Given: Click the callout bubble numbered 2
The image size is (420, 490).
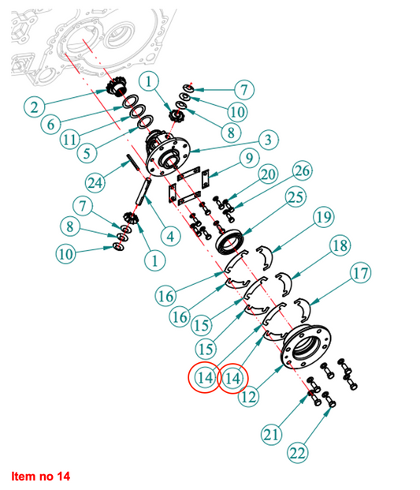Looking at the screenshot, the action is click(34, 107).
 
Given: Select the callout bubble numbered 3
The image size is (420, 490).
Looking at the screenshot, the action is click(268, 140).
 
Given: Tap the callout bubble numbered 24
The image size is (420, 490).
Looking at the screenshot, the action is click(95, 182).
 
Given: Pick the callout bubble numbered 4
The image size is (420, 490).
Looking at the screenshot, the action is click(170, 236).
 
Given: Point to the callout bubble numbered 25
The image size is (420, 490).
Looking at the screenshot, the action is click(295, 197).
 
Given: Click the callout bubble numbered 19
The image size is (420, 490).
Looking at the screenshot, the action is click(324, 217).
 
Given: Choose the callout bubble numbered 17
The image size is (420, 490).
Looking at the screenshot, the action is click(360, 273).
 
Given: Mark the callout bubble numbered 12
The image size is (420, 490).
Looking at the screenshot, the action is click(249, 397).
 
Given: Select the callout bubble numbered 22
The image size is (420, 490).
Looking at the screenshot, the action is click(298, 452).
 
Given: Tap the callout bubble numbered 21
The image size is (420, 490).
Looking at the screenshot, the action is click(271, 435).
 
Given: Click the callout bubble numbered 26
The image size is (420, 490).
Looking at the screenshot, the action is click(302, 170).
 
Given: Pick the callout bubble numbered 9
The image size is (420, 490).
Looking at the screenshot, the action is click(249, 158).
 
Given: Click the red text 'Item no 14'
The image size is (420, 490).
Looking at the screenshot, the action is click(40, 477).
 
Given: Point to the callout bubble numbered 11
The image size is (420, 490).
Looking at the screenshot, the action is click(69, 140).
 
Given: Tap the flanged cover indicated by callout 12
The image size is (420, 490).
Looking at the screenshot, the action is click(306, 346).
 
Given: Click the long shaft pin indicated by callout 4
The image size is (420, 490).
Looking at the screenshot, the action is click(143, 191).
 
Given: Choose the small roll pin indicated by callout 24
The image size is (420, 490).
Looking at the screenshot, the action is click(132, 163).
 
